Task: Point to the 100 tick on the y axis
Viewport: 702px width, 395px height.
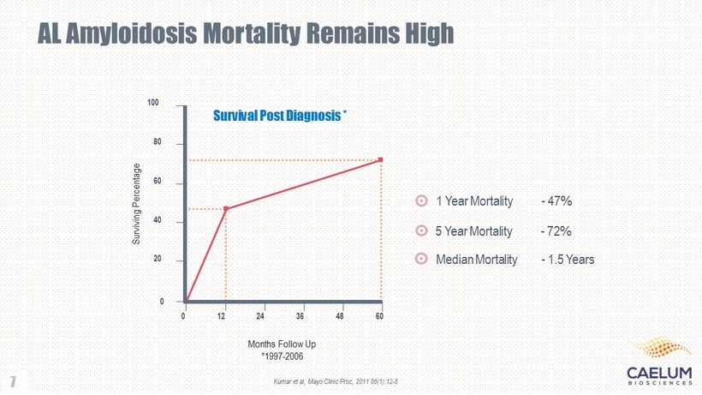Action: (x=153, y=104)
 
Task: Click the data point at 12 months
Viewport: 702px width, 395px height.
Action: (x=226, y=208)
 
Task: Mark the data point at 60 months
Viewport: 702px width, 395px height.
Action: (x=380, y=159)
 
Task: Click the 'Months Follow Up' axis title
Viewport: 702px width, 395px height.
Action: (x=282, y=343)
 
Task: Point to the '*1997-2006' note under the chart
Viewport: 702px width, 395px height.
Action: (x=282, y=355)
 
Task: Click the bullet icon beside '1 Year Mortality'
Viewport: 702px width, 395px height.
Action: (x=421, y=201)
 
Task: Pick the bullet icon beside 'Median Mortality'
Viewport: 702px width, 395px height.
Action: (x=421, y=259)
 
